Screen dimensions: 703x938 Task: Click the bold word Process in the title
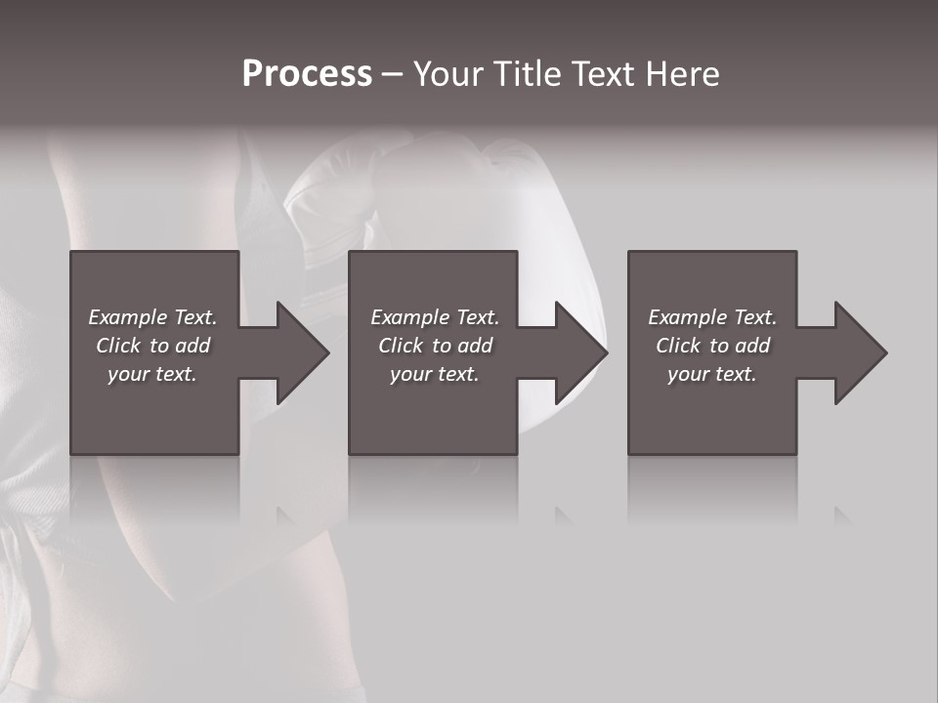tap(307, 74)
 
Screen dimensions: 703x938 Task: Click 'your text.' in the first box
tap(152, 374)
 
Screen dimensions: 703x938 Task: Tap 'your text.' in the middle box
tap(435, 374)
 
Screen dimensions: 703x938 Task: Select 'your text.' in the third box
tap(712, 374)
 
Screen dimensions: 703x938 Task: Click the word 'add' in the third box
tap(752, 346)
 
